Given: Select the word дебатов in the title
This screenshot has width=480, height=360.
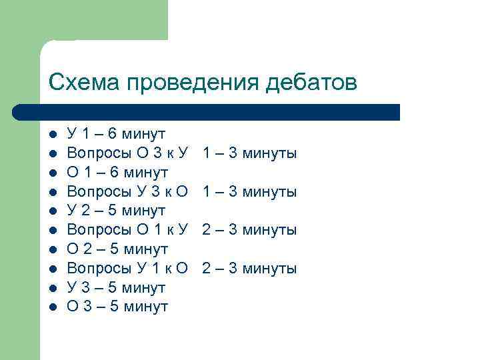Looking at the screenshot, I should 311,83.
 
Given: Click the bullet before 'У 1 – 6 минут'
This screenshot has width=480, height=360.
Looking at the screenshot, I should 53,135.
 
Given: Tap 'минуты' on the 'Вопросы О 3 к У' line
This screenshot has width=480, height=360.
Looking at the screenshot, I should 269,154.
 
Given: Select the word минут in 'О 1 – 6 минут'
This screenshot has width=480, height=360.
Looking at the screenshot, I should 147,173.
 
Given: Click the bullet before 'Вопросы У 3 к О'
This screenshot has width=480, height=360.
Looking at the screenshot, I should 53,193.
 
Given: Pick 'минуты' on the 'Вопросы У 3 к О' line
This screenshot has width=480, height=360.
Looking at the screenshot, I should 269,193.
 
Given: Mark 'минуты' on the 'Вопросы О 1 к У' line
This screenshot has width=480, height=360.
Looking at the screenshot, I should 269,231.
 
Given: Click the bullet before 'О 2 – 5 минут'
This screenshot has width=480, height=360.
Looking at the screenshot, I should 53,250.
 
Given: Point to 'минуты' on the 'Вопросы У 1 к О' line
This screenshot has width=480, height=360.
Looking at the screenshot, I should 269,269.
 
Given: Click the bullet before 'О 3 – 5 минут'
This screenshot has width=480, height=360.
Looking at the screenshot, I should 53,307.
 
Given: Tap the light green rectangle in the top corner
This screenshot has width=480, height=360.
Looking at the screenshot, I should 100,20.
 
